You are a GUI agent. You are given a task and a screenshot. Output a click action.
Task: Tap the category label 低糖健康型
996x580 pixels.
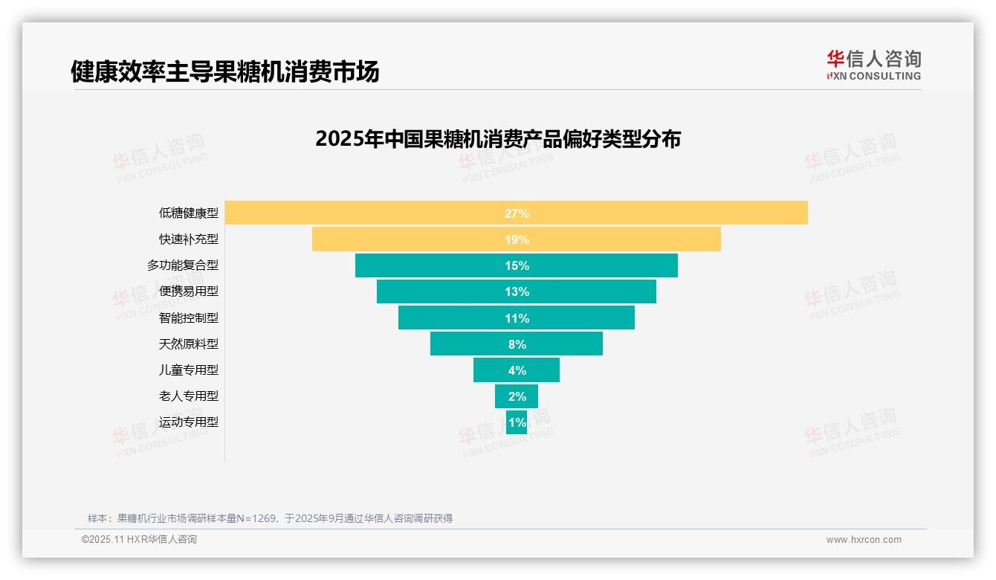tap(189, 213)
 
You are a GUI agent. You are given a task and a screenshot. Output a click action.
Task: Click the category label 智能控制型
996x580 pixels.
tap(189, 318)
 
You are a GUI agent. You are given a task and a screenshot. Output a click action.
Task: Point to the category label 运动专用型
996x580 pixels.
tap(189, 422)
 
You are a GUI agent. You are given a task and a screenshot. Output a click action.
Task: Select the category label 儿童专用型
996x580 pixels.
tap(189, 370)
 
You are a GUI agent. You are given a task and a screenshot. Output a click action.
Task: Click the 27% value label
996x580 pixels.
tap(517, 213)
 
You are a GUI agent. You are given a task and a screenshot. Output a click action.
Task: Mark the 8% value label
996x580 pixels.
tap(517, 344)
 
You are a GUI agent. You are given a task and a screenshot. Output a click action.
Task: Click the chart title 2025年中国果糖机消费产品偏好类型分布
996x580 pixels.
tap(498, 139)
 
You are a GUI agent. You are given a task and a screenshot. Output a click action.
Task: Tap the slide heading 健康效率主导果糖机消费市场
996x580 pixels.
tap(224, 71)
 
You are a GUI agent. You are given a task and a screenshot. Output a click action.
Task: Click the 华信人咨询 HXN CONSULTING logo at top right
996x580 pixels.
tap(873, 65)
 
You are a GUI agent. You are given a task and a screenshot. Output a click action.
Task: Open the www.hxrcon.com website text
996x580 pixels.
tap(864, 540)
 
